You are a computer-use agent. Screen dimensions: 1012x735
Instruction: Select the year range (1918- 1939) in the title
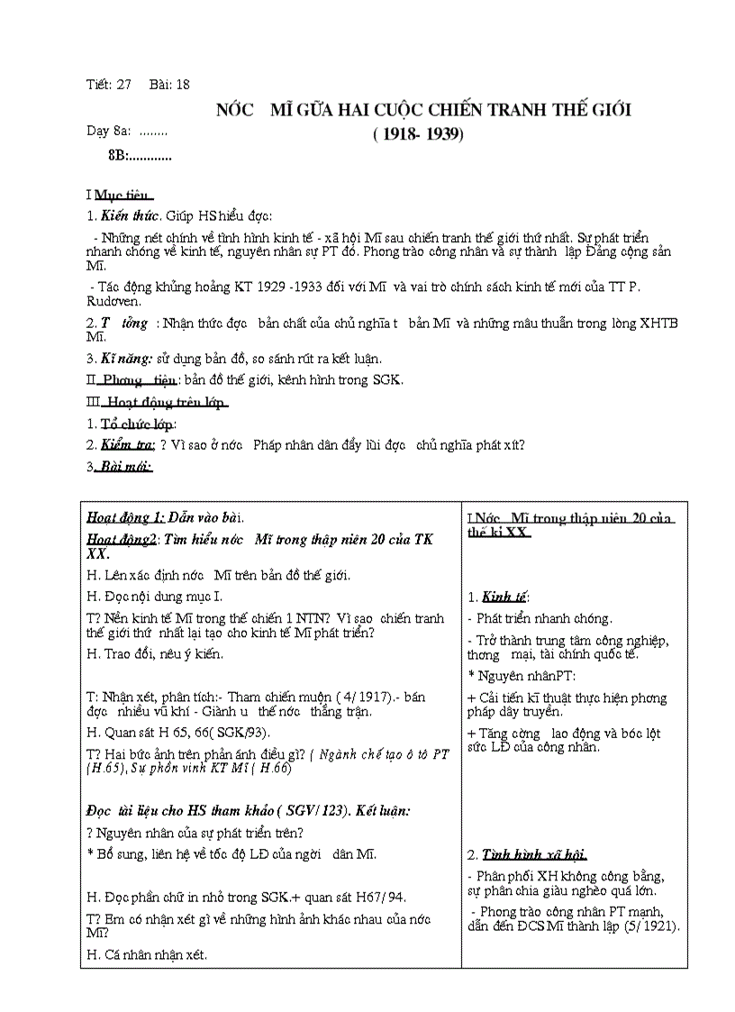pyautogui.click(x=418, y=135)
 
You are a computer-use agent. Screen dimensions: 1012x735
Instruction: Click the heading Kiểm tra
pyautogui.click(x=128, y=445)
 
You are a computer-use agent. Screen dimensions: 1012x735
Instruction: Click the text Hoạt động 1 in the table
pyautogui.click(x=125, y=517)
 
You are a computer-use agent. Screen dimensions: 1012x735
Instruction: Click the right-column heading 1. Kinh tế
pyautogui.click(x=498, y=597)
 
